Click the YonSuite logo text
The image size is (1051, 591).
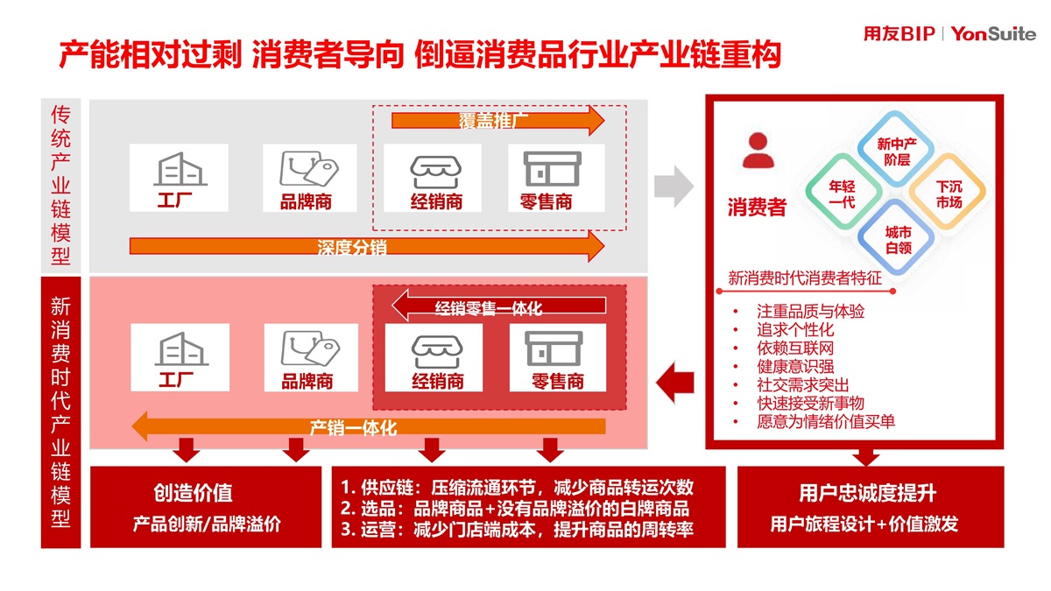pos(992,34)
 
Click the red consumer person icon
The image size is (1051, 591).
pos(758,151)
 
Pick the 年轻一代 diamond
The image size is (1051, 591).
pos(842,194)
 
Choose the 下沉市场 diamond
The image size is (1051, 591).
pos(949,194)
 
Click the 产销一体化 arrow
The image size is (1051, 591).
pos(368,427)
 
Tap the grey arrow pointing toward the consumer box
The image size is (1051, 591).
pos(674,186)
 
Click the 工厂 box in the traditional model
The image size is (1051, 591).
pos(179,179)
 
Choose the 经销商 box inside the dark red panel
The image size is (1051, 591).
pos(435,357)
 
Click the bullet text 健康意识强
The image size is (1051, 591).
pos(795,367)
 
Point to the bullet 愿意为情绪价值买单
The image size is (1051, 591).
pos(826,422)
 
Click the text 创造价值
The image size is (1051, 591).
pos(194,492)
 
